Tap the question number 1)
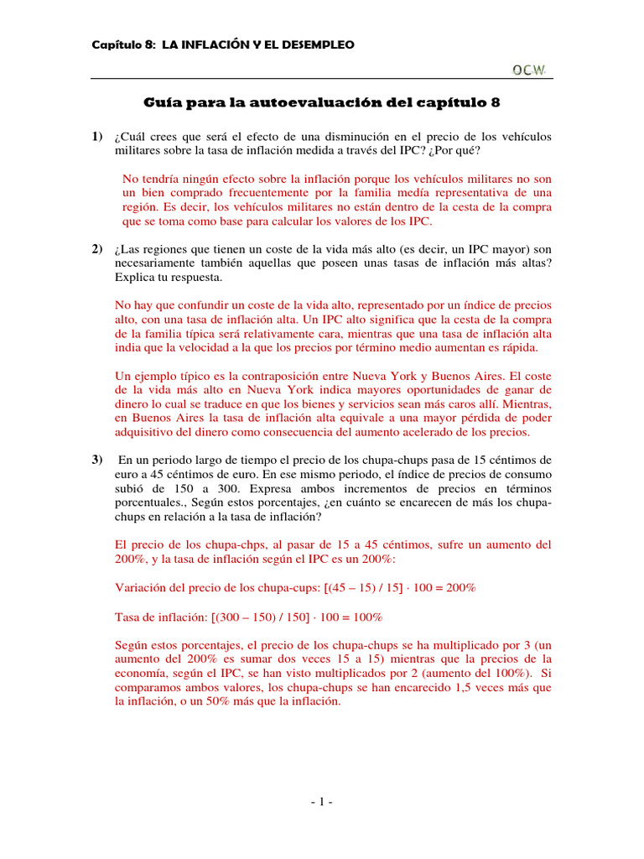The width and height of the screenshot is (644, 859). pyautogui.click(x=97, y=137)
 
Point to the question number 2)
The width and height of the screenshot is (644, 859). pyautogui.click(x=97, y=249)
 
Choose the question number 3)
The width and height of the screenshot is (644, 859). pyautogui.click(x=97, y=460)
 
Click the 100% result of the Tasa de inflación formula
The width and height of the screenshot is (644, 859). pyautogui.click(x=365, y=617)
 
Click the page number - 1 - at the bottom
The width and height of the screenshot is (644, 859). pyautogui.click(x=322, y=803)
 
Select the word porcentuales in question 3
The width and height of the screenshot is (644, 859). pyautogui.click(x=146, y=502)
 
